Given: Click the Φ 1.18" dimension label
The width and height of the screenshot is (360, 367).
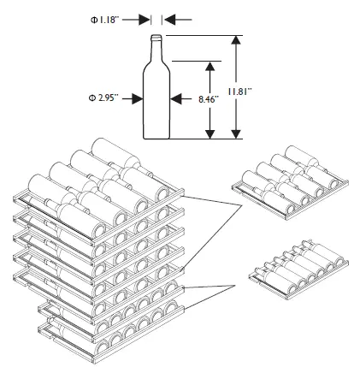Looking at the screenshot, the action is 104,20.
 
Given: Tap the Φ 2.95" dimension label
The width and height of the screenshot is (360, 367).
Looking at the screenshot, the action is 103,98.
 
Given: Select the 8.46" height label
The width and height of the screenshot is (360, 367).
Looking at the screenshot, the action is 209,99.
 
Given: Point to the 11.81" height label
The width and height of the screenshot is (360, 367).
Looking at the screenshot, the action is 239,92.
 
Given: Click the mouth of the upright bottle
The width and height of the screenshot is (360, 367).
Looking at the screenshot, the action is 156,37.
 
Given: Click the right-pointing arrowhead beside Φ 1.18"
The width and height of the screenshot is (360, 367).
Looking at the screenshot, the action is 145,20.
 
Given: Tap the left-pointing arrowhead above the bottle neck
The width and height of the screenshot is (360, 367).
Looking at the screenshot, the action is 169,20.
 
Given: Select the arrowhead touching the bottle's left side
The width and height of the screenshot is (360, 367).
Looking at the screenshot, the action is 138,99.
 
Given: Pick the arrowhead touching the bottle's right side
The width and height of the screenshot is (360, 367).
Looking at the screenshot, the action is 175,99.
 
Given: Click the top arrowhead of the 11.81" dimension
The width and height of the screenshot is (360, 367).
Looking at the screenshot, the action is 236,41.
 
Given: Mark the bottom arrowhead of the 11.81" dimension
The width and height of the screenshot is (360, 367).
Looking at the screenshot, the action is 236,133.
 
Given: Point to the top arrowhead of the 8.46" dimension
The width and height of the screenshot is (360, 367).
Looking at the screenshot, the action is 210,67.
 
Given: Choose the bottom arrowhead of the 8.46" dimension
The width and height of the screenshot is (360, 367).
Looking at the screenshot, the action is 210,133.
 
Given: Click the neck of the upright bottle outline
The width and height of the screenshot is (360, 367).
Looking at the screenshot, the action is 156,50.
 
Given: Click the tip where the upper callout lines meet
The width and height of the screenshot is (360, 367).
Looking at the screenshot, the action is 241,204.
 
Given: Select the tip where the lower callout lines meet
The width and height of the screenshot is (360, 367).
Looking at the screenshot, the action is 235,285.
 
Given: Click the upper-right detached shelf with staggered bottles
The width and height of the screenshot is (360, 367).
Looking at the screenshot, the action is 290,182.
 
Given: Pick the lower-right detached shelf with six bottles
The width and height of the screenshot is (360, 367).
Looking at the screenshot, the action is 298,269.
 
